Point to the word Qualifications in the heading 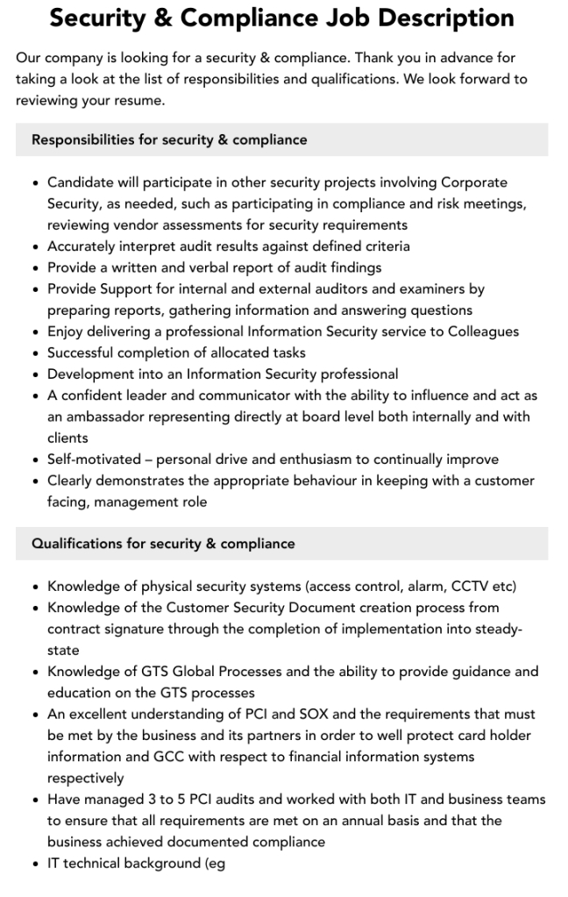[76, 544]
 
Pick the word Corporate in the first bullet [474, 182]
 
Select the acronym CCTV [473, 587]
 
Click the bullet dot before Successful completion [34, 352]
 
